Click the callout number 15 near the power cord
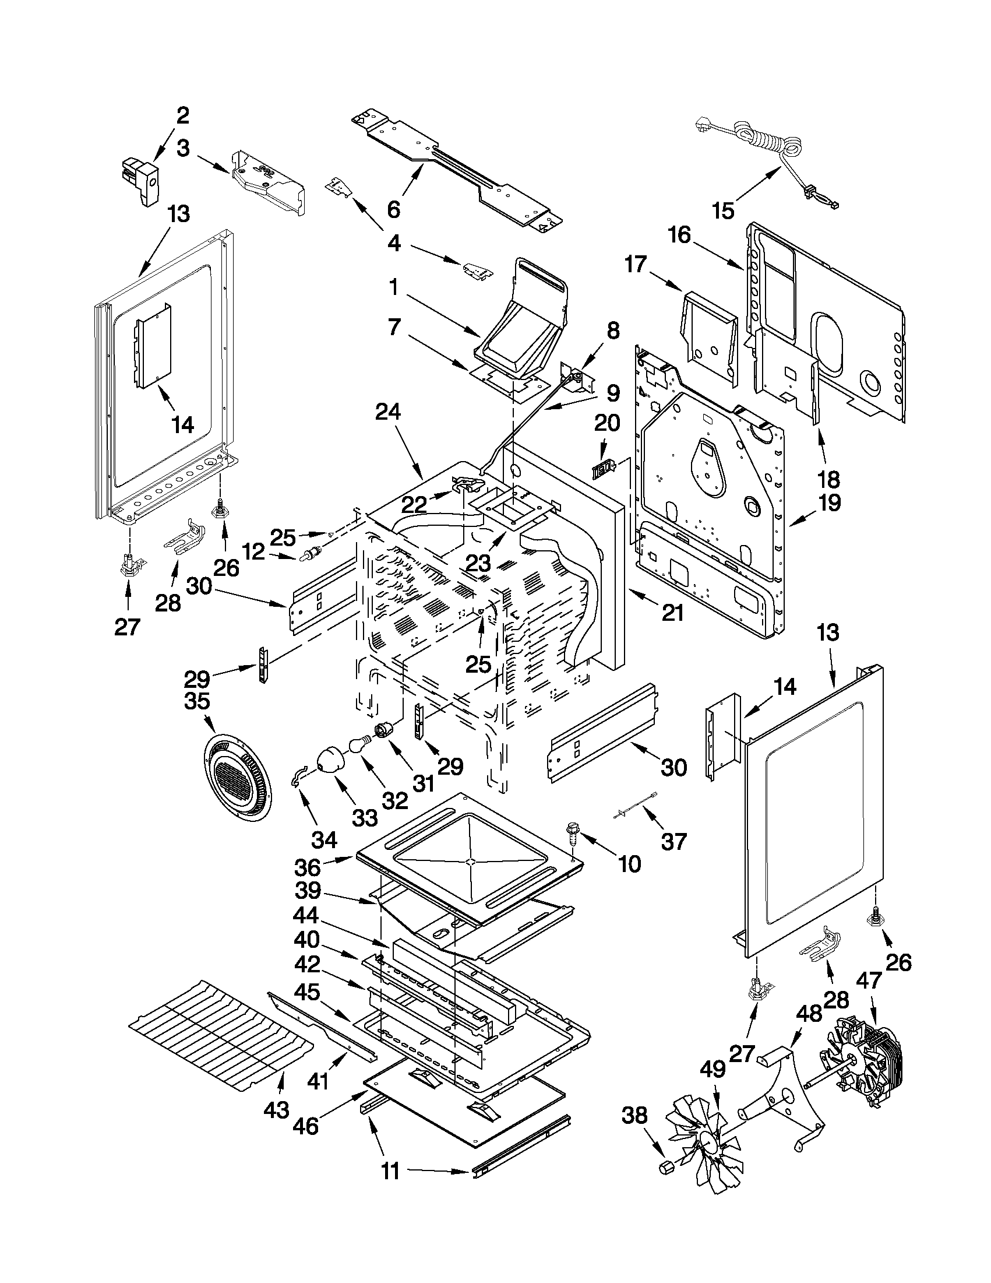tap(723, 210)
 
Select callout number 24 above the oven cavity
tap(388, 413)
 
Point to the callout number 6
tap(393, 209)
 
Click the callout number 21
tap(672, 612)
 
